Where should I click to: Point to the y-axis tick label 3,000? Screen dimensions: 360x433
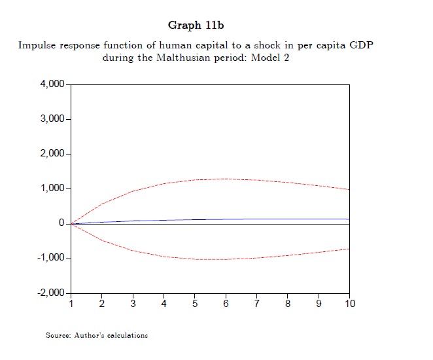click(x=52, y=119)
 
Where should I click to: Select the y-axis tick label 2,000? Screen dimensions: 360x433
click(x=52, y=154)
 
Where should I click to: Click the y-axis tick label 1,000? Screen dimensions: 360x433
click(x=52, y=189)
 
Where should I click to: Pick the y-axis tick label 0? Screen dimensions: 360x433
click(x=61, y=223)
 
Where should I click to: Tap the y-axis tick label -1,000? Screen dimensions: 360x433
click(x=50, y=258)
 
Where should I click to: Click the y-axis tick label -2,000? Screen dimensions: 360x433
click(x=50, y=293)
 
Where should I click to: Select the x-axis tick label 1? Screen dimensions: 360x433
click(x=71, y=304)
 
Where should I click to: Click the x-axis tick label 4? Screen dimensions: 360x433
click(x=164, y=304)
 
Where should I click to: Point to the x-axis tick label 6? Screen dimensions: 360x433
click(x=226, y=304)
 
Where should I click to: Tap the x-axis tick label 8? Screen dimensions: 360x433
click(x=288, y=304)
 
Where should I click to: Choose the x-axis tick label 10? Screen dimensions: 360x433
click(x=350, y=304)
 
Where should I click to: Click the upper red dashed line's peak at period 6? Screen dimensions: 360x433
click(x=226, y=179)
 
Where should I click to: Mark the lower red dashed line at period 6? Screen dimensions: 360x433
click(x=226, y=260)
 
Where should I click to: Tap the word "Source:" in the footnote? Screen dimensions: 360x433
click(x=58, y=336)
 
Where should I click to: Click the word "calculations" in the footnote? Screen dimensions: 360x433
click(x=127, y=336)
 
